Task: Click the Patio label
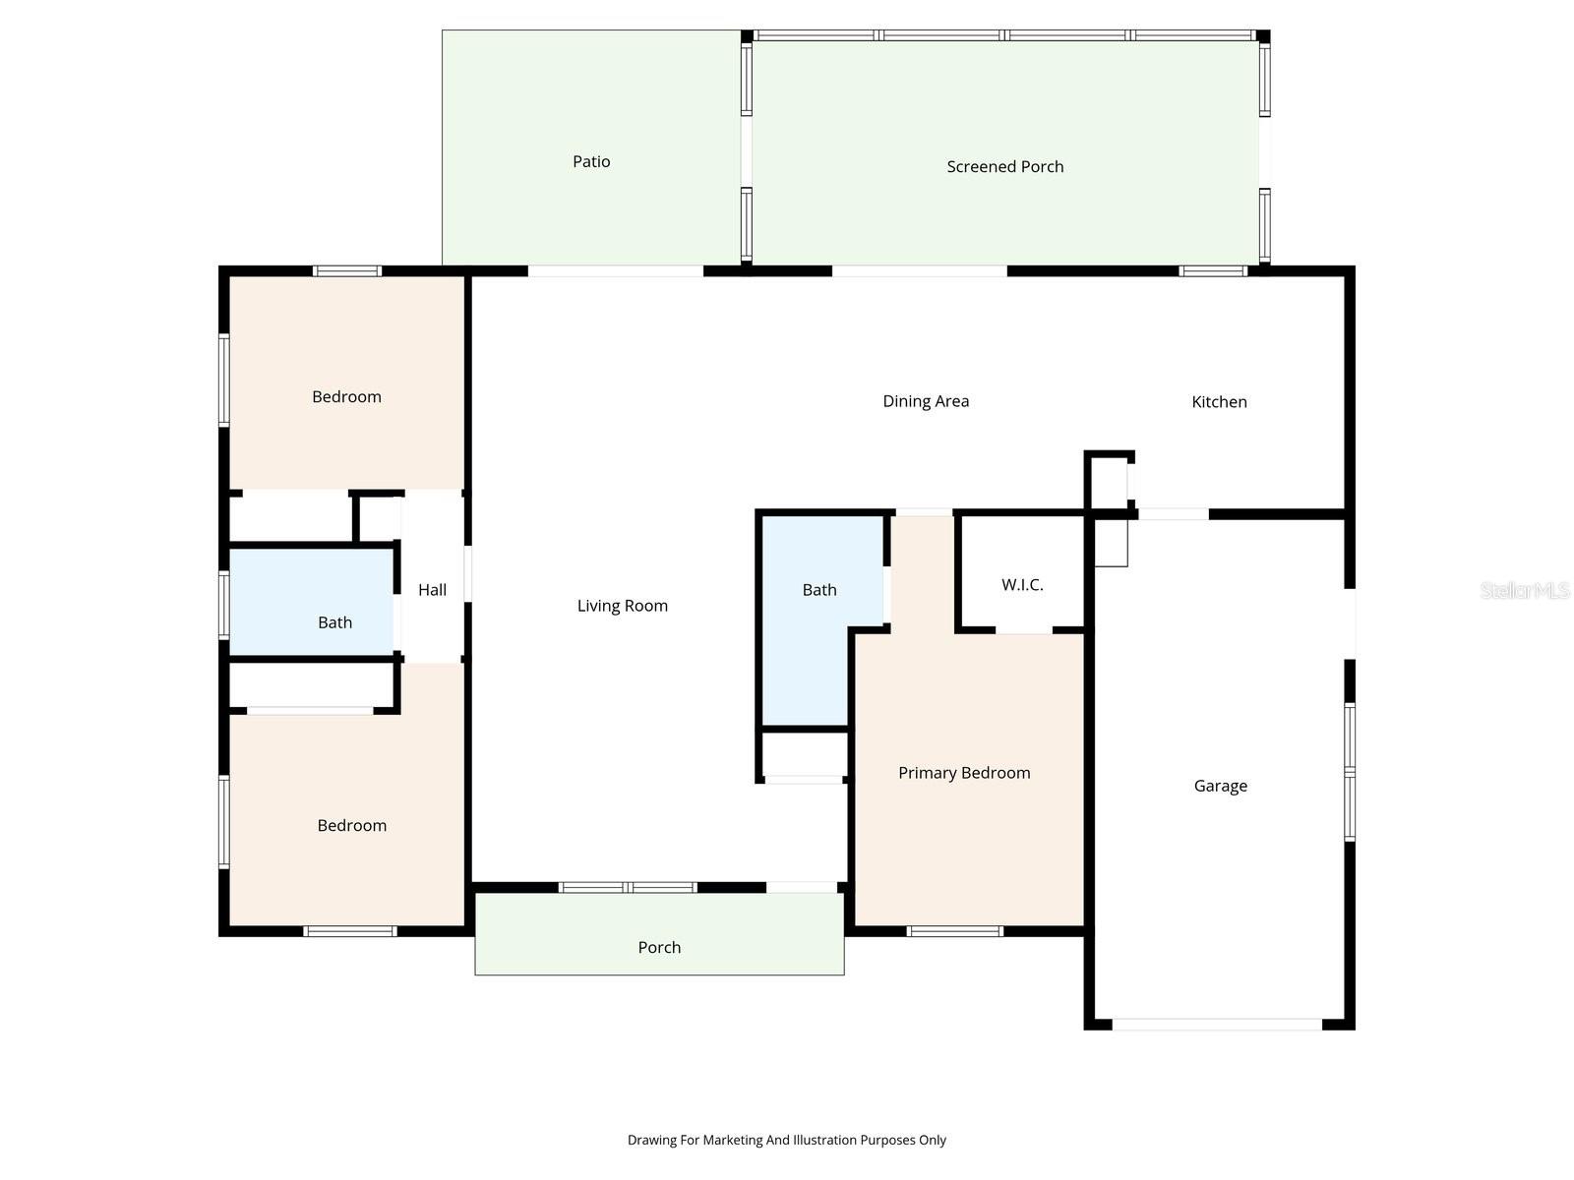pyautogui.click(x=591, y=161)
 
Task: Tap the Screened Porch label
pyautogui.click(x=1004, y=166)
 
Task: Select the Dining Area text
pyautogui.click(x=925, y=401)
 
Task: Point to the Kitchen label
pyautogui.click(x=1219, y=401)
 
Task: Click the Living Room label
pyautogui.click(x=622, y=606)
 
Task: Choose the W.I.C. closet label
pyautogui.click(x=1022, y=585)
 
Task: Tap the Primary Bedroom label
pyautogui.click(x=964, y=773)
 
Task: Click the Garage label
pyautogui.click(x=1220, y=786)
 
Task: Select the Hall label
pyautogui.click(x=432, y=590)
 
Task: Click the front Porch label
pyautogui.click(x=659, y=947)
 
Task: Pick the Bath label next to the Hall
pyautogui.click(x=334, y=622)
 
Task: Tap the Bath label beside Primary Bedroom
pyautogui.click(x=818, y=590)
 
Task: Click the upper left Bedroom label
pyautogui.click(x=346, y=396)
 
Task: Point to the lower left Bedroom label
pyautogui.click(x=351, y=825)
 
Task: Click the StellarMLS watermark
pyautogui.click(x=1525, y=590)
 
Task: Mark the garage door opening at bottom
pyautogui.click(x=1217, y=1025)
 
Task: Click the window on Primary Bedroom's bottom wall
pyautogui.click(x=954, y=930)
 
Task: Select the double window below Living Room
pyautogui.click(x=628, y=887)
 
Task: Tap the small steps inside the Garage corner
pyautogui.click(x=1112, y=543)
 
